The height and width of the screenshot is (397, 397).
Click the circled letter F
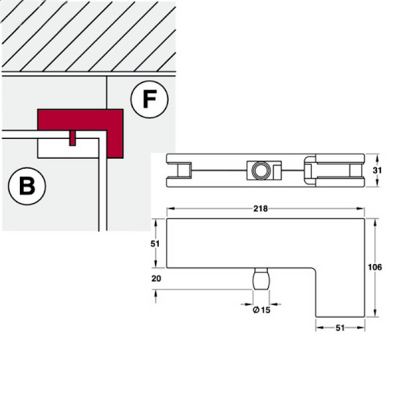click(x=150, y=99)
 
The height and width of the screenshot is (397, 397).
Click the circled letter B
click(x=27, y=185)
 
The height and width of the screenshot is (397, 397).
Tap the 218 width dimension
click(x=261, y=208)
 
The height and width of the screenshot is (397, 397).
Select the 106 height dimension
click(x=375, y=267)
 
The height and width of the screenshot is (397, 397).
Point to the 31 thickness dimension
click(x=377, y=171)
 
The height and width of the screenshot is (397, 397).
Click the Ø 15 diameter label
click(x=261, y=310)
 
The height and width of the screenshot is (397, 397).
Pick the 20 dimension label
click(x=156, y=279)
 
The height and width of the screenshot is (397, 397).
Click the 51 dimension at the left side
click(x=155, y=243)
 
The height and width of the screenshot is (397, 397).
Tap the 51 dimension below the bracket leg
click(x=340, y=328)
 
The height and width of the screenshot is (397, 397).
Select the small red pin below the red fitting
click(x=72, y=138)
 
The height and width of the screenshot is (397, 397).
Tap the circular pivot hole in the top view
click(x=261, y=171)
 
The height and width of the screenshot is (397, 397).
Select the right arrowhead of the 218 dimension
click(x=361, y=208)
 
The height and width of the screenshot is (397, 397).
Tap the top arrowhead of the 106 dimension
click(x=375, y=222)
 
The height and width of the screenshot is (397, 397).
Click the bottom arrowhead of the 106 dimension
click(x=375, y=313)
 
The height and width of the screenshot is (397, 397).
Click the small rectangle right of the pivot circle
click(x=277, y=171)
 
